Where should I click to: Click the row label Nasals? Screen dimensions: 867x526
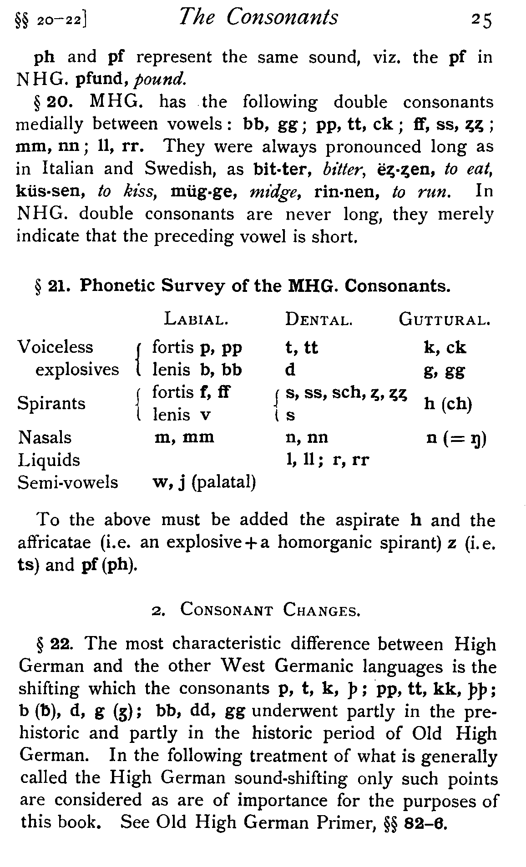pos(45,437)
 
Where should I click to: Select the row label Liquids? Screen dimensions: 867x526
pos(49,460)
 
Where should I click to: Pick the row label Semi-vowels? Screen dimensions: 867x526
pos(68,482)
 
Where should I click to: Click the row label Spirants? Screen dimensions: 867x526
pos(51,403)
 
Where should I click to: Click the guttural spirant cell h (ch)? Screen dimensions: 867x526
pos(447,404)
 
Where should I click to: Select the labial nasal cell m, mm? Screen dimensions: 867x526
pos(184,437)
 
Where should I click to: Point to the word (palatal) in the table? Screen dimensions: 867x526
pos(224,482)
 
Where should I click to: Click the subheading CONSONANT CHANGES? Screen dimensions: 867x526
pos(270,609)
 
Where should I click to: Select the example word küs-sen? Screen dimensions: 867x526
pos(50,191)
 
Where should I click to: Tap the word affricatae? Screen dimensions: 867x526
pos(52,542)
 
